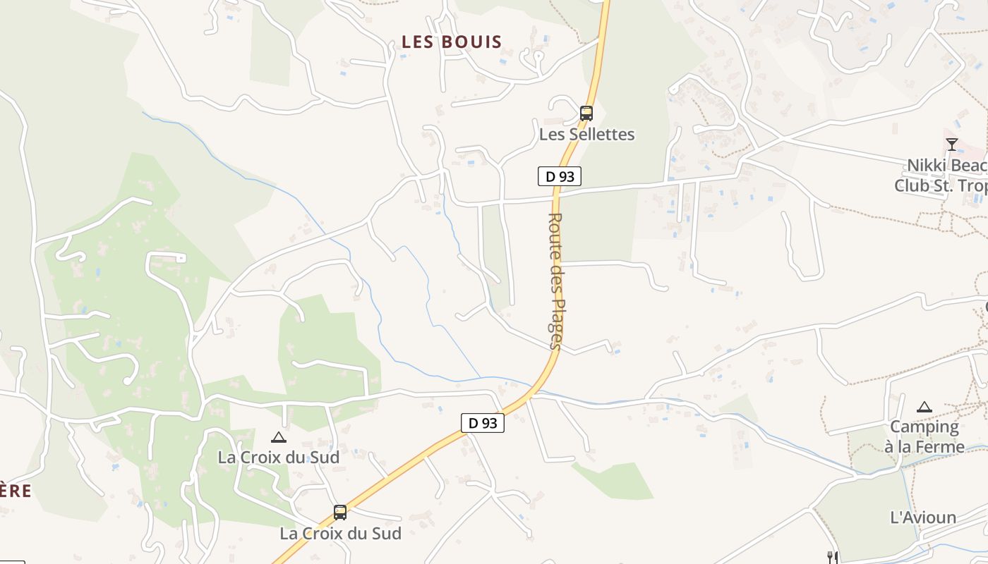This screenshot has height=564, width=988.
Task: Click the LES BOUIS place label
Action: [x=452, y=42]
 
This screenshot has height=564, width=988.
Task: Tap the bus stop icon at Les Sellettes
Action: [x=586, y=113]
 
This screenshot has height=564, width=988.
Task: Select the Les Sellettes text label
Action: [x=587, y=134]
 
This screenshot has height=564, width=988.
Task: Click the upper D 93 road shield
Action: [x=560, y=176]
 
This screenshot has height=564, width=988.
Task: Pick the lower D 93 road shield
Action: [x=483, y=423]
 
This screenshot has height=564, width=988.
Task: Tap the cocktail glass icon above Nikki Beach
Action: [x=952, y=145]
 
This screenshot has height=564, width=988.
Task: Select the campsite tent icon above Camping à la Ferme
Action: [x=924, y=407]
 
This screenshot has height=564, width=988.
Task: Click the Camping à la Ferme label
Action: [x=924, y=436]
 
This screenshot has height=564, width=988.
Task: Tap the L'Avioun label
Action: [x=923, y=517]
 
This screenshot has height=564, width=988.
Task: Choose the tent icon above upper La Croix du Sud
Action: [x=279, y=437]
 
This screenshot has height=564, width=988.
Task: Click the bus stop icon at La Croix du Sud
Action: [x=340, y=513]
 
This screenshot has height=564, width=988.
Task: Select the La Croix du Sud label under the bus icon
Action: [x=340, y=533]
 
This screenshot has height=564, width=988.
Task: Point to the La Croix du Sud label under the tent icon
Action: [x=279, y=457]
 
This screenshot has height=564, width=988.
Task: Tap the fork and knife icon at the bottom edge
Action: [x=833, y=558]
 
